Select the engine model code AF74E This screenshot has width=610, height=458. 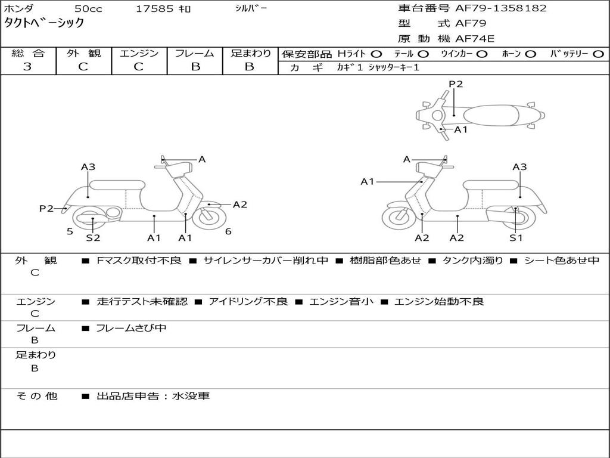click(475, 39)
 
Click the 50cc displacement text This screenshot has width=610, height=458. click(87, 9)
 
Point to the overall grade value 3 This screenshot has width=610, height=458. click(27, 67)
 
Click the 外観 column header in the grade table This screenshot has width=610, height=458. click(83, 54)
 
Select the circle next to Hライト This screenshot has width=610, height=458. click(376, 54)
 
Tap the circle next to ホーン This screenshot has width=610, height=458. click(531, 54)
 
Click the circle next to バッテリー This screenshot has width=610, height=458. click(598, 54)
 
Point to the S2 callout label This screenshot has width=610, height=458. click(93, 237)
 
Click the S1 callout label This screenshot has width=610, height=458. click(516, 237)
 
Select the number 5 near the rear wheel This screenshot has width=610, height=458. click(70, 231)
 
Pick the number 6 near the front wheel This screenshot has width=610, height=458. click(228, 231)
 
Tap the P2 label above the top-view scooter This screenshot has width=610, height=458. click(456, 84)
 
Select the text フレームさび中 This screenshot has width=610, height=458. click(131, 328)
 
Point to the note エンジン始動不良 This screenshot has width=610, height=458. click(439, 302)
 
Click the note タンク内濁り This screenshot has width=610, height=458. click(472, 261)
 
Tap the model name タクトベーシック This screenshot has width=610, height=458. click(44, 23)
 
